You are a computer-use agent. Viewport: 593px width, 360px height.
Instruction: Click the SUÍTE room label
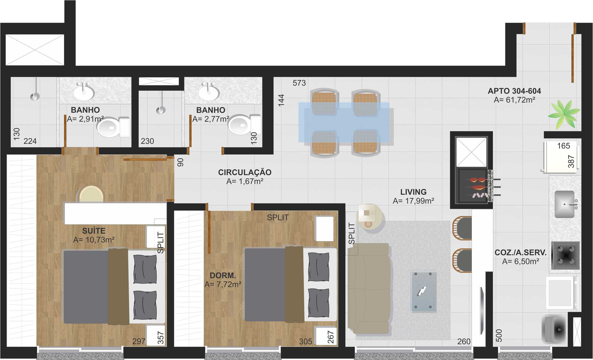tap(94, 231)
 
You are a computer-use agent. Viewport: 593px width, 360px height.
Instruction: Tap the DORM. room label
tap(223, 275)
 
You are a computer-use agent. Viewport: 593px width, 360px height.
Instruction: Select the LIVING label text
tap(413, 192)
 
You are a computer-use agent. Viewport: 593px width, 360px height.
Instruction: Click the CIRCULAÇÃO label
tap(244, 172)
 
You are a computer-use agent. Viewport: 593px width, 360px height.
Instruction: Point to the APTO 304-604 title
tap(514, 91)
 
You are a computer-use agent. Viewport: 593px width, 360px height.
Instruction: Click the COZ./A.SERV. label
tap(520, 252)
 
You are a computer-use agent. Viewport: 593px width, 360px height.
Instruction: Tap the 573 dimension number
tap(299, 83)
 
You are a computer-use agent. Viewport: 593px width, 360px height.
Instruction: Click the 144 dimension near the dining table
tap(281, 100)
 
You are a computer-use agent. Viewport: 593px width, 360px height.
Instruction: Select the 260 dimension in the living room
tap(464, 341)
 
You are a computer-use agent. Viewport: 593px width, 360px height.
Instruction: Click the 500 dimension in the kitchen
tap(499, 335)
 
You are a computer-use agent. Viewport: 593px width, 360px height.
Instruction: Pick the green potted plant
tap(564, 114)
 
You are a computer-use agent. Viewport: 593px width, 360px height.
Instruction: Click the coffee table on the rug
tap(423, 291)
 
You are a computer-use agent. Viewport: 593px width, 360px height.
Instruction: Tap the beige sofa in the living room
tap(369, 289)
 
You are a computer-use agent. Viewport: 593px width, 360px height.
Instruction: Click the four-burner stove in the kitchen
tap(566, 255)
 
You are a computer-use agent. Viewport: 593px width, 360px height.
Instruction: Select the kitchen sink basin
tap(564, 204)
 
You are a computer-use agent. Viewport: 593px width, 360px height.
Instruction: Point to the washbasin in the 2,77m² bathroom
tap(209, 92)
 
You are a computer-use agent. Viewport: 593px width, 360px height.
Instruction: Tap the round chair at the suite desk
tap(91, 194)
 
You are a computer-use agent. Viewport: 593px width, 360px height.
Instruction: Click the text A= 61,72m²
tap(514, 100)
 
